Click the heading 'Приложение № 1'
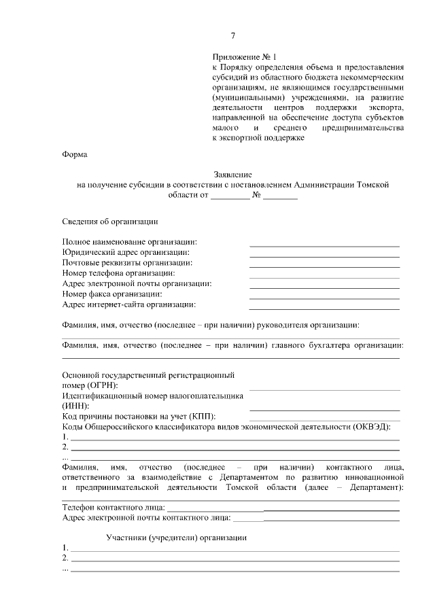pyautogui.click(x=245, y=58)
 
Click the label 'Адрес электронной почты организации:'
pyautogui.click(x=137, y=283)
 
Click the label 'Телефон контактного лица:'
pyautogui.click(x=113, y=507)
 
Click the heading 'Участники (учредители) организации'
pyautogui.click(x=176, y=538)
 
